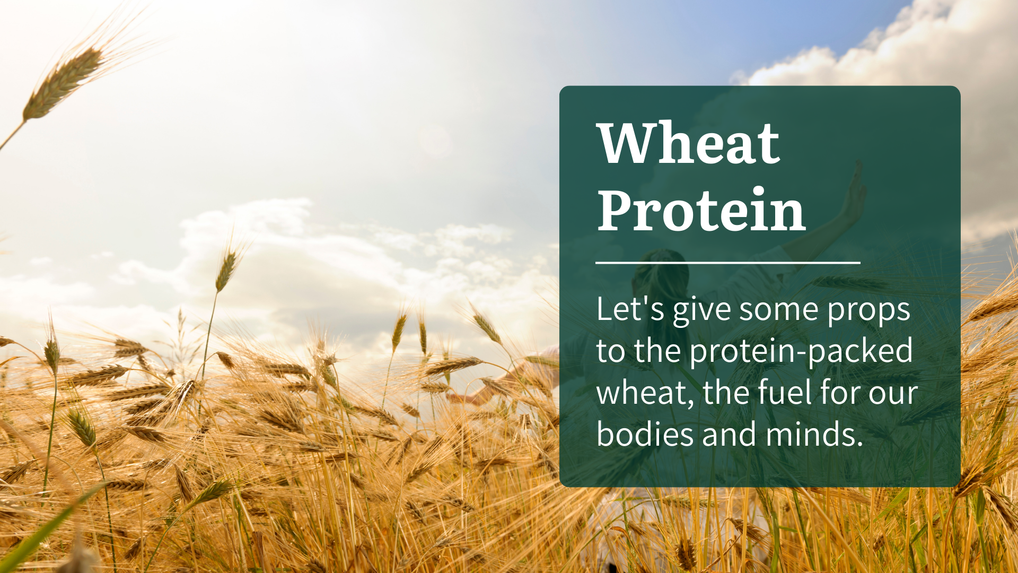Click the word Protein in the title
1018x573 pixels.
click(701, 210)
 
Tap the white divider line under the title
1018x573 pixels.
click(727, 262)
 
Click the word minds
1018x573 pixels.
click(815, 434)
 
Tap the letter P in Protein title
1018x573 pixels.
click(616, 210)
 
